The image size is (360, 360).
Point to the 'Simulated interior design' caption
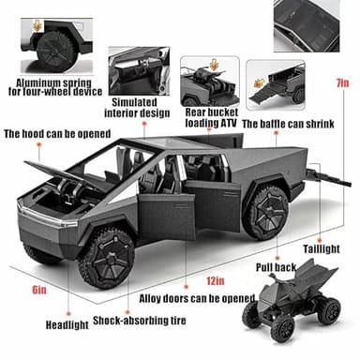click(x=141, y=108)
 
